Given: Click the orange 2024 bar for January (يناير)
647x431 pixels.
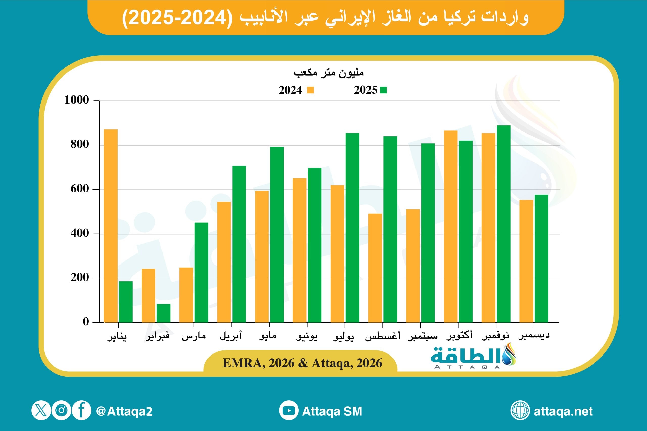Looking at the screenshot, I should (x=111, y=225).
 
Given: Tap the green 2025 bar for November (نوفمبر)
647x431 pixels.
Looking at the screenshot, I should (x=503, y=224).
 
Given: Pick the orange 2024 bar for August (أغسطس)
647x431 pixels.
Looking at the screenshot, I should (x=375, y=268).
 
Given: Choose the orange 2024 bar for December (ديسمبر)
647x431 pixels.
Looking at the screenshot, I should (x=526, y=261).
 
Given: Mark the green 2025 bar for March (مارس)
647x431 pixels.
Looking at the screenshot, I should (x=201, y=272).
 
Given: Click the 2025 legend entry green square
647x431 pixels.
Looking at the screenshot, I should (x=383, y=90).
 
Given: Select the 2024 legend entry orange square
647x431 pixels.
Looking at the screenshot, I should (x=310, y=90).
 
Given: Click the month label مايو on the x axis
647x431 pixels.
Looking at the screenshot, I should (x=268, y=335).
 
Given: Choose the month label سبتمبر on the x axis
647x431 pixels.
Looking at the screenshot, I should (x=423, y=336).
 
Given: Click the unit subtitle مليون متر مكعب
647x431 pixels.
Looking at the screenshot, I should (x=329, y=72).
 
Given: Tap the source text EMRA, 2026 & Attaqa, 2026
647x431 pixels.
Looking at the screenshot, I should (x=302, y=363).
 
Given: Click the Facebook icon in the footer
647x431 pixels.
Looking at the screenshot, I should (x=81, y=411).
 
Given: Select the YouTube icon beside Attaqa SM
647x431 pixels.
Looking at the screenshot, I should (x=289, y=411).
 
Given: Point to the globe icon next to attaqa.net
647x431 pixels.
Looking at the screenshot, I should (x=520, y=411).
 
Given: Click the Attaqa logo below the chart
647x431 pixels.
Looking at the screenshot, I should (x=473, y=356).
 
